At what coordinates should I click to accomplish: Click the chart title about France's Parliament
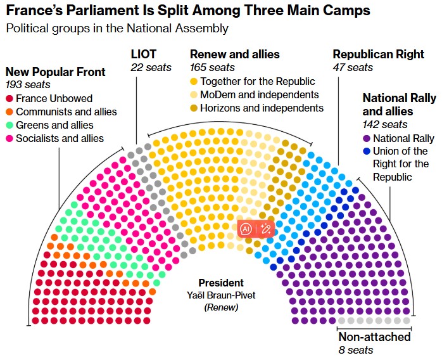(x=188, y=10)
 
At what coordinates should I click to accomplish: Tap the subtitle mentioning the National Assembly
(x=117, y=29)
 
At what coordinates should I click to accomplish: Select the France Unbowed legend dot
(x=9, y=99)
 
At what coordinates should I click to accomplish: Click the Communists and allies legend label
(x=66, y=112)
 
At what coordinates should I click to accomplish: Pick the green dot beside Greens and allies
(x=9, y=125)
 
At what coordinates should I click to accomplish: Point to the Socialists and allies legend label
(x=60, y=139)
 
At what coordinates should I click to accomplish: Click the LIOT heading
(x=144, y=54)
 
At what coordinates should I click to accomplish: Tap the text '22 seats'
(x=151, y=67)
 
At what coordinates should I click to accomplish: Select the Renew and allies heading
(x=235, y=54)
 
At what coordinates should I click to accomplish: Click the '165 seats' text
(x=212, y=67)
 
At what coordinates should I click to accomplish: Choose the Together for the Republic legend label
(x=258, y=81)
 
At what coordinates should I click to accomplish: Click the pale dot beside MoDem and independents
(x=194, y=95)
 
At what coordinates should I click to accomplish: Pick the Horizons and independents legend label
(x=262, y=108)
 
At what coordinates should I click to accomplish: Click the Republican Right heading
(x=379, y=54)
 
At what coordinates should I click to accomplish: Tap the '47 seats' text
(x=353, y=67)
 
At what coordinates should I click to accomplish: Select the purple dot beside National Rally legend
(x=367, y=139)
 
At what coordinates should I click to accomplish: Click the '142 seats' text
(x=385, y=124)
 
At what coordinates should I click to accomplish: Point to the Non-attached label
(x=374, y=337)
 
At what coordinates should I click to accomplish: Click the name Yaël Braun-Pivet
(x=221, y=295)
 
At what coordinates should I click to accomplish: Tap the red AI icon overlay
(x=246, y=229)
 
